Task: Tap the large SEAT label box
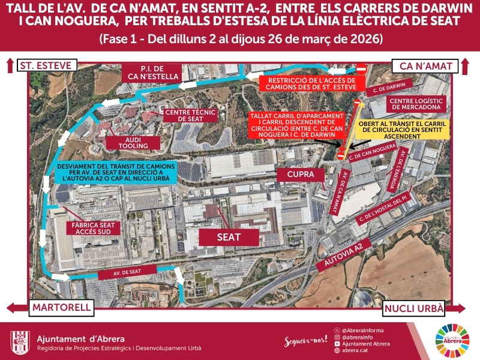tap(229, 237)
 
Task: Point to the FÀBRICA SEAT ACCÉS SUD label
tap(94, 229)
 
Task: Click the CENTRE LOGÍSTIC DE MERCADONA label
tap(416, 104)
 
